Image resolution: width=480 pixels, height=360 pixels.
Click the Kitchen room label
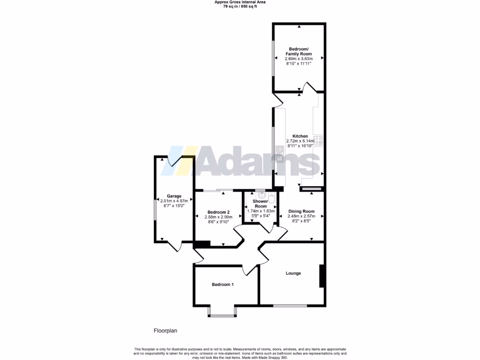click(300, 136)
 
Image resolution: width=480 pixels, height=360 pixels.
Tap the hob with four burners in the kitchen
click(318, 140)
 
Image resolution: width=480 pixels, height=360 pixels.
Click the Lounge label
click(293, 273)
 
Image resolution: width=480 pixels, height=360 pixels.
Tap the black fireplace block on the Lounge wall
click(322, 276)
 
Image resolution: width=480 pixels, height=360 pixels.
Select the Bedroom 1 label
click(223, 285)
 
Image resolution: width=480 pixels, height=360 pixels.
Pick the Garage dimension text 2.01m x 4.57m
click(174, 201)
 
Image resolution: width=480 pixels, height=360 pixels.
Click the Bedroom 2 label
click(218, 212)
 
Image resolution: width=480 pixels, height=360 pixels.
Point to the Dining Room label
click(301, 211)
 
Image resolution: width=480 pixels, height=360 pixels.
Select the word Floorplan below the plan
click(165, 330)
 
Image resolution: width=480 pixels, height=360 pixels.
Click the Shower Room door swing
click(269, 227)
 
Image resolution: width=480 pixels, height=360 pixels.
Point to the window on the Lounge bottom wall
click(290, 306)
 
